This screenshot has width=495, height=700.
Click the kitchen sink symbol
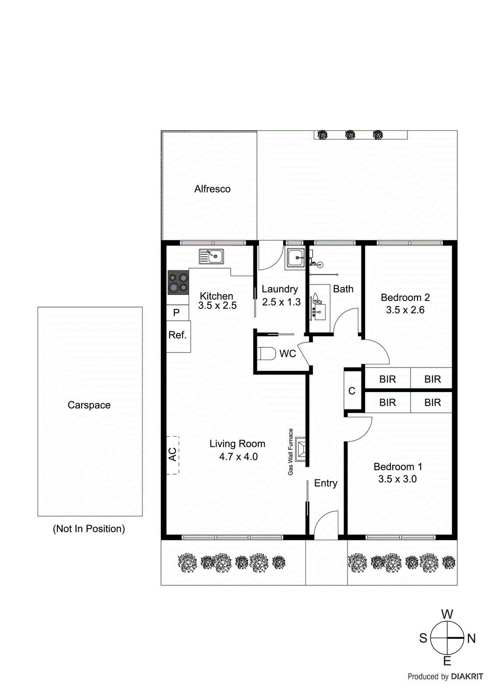[211, 256]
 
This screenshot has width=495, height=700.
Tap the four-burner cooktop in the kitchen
[178, 283]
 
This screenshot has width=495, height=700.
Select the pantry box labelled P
[177, 312]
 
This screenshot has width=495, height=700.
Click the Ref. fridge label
[177, 335]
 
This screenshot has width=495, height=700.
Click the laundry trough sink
[296, 258]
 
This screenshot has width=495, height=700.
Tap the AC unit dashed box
[173, 455]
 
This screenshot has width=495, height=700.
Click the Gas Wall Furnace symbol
[301, 450]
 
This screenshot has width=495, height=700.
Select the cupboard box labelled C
[352, 391]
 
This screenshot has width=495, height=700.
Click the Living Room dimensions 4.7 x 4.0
[238, 457]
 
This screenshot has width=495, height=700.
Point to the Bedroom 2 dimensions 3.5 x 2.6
[405, 310]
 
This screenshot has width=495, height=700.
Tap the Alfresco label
[212, 189]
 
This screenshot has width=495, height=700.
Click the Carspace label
[89, 405]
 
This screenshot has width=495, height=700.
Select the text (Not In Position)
[89, 529]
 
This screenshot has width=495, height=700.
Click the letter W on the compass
[447, 614]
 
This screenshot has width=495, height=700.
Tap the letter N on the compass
[471, 639]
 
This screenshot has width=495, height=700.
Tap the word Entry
[326, 483]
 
